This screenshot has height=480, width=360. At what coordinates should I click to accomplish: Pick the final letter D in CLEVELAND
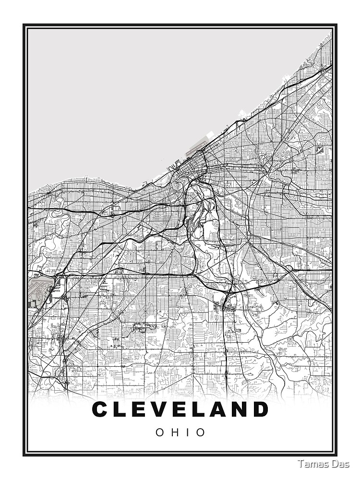coord(260,409)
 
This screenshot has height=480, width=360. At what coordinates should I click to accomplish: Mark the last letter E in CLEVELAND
coord(184,409)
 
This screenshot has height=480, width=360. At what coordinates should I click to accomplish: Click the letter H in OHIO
coord(174,432)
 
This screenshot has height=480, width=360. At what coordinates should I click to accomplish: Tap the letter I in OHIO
coord(186,432)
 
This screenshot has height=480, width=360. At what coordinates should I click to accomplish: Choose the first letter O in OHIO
coord(160,432)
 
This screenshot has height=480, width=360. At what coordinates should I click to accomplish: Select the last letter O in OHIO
coord(201,432)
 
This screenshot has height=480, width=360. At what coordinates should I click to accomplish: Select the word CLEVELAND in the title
coord(180,409)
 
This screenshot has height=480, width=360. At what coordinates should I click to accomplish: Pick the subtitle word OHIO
coord(180,432)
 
